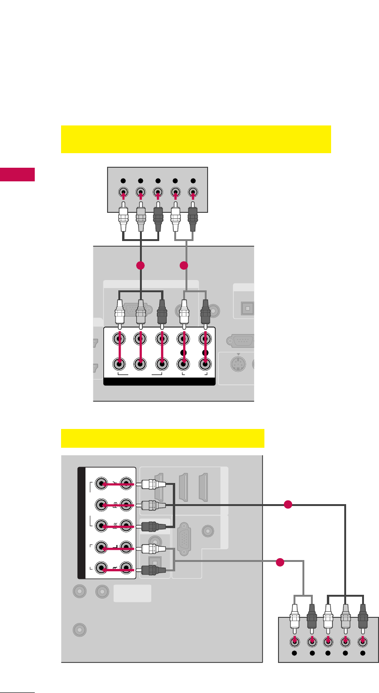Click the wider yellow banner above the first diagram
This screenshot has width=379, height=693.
tap(196, 139)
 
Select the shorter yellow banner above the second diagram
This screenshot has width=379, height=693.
tap(162, 438)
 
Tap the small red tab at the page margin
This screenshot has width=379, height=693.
tap(17, 174)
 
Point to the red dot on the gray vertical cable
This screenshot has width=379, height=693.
tap(184, 266)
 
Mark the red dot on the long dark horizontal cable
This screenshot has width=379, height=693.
tap(288, 505)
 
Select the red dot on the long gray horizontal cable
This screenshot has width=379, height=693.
tap(280, 562)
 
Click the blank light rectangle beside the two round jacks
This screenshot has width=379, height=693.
tap(132, 593)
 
